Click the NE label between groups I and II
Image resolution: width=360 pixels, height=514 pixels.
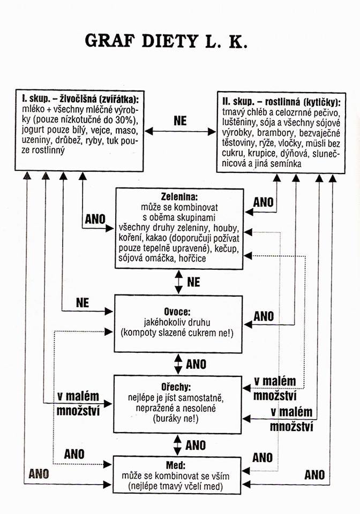[181, 121]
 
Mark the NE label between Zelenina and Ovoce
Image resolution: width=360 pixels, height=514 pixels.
[194, 281]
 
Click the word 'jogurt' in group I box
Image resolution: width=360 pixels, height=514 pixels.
[34, 130]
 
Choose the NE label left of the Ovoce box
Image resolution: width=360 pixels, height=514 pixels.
[82, 303]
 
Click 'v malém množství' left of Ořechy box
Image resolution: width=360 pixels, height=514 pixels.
[78, 404]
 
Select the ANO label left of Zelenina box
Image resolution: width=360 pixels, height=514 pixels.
[94, 220]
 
